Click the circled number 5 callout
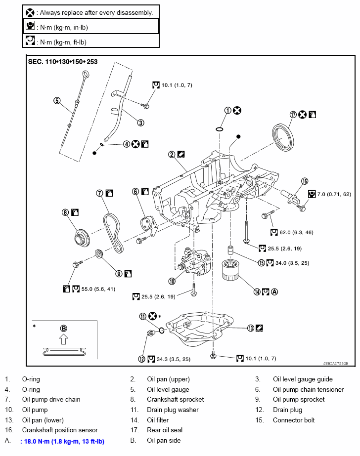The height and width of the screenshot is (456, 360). point(57,101)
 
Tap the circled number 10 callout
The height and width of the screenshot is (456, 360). point(172,282)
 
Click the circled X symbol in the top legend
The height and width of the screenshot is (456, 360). point(30,12)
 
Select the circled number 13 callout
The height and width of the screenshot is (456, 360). point(251,328)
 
